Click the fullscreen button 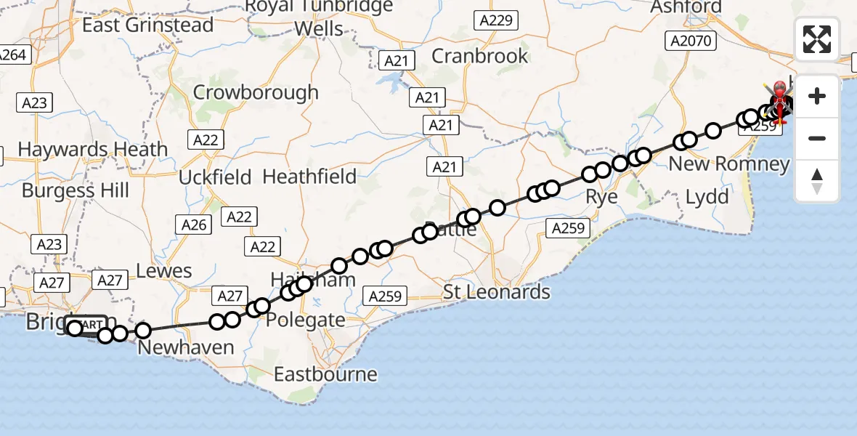point(817,39)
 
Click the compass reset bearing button point(817,181)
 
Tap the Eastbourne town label point(325,374)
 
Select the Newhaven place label point(186,347)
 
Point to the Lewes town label point(163,271)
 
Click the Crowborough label point(256,92)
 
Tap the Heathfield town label point(309,176)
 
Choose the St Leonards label point(497,292)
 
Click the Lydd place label point(707,196)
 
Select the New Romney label point(728,163)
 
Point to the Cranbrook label point(480,55)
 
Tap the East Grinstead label point(148,25)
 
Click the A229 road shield point(496,20)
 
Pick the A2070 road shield point(690,41)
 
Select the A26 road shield point(194,225)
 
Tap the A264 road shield point(12,54)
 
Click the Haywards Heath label point(92,149)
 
